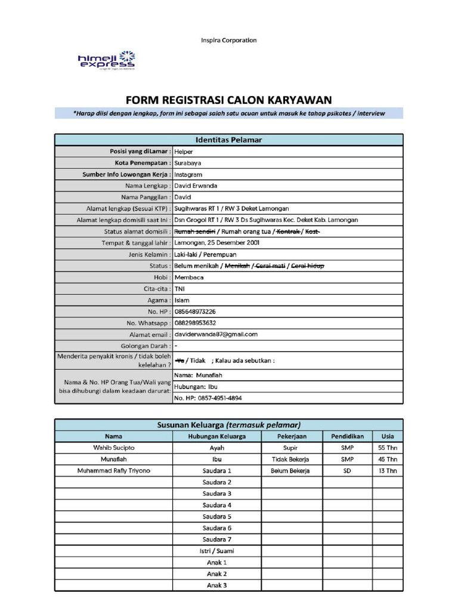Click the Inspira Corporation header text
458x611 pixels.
pos(228,41)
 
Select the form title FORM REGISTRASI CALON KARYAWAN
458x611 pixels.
pos(228,100)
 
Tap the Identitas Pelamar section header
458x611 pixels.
pos(229,140)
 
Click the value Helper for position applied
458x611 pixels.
pos(184,152)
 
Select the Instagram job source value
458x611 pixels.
pos(188,174)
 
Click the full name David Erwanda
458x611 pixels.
pos(196,186)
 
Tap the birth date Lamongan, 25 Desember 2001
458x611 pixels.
pos(216,243)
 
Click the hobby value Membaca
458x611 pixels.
pos(188,277)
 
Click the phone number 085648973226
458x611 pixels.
pos(195,311)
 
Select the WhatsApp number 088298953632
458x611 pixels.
pos(195,323)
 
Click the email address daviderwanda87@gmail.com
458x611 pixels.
pos(216,334)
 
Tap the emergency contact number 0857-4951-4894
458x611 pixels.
pos(208,398)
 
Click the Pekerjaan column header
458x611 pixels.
pos(291,436)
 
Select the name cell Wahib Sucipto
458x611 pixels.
pos(114,448)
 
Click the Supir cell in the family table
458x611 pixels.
pos(291,448)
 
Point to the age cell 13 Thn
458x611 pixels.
pos(388,471)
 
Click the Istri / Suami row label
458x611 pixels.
pos(216,551)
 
